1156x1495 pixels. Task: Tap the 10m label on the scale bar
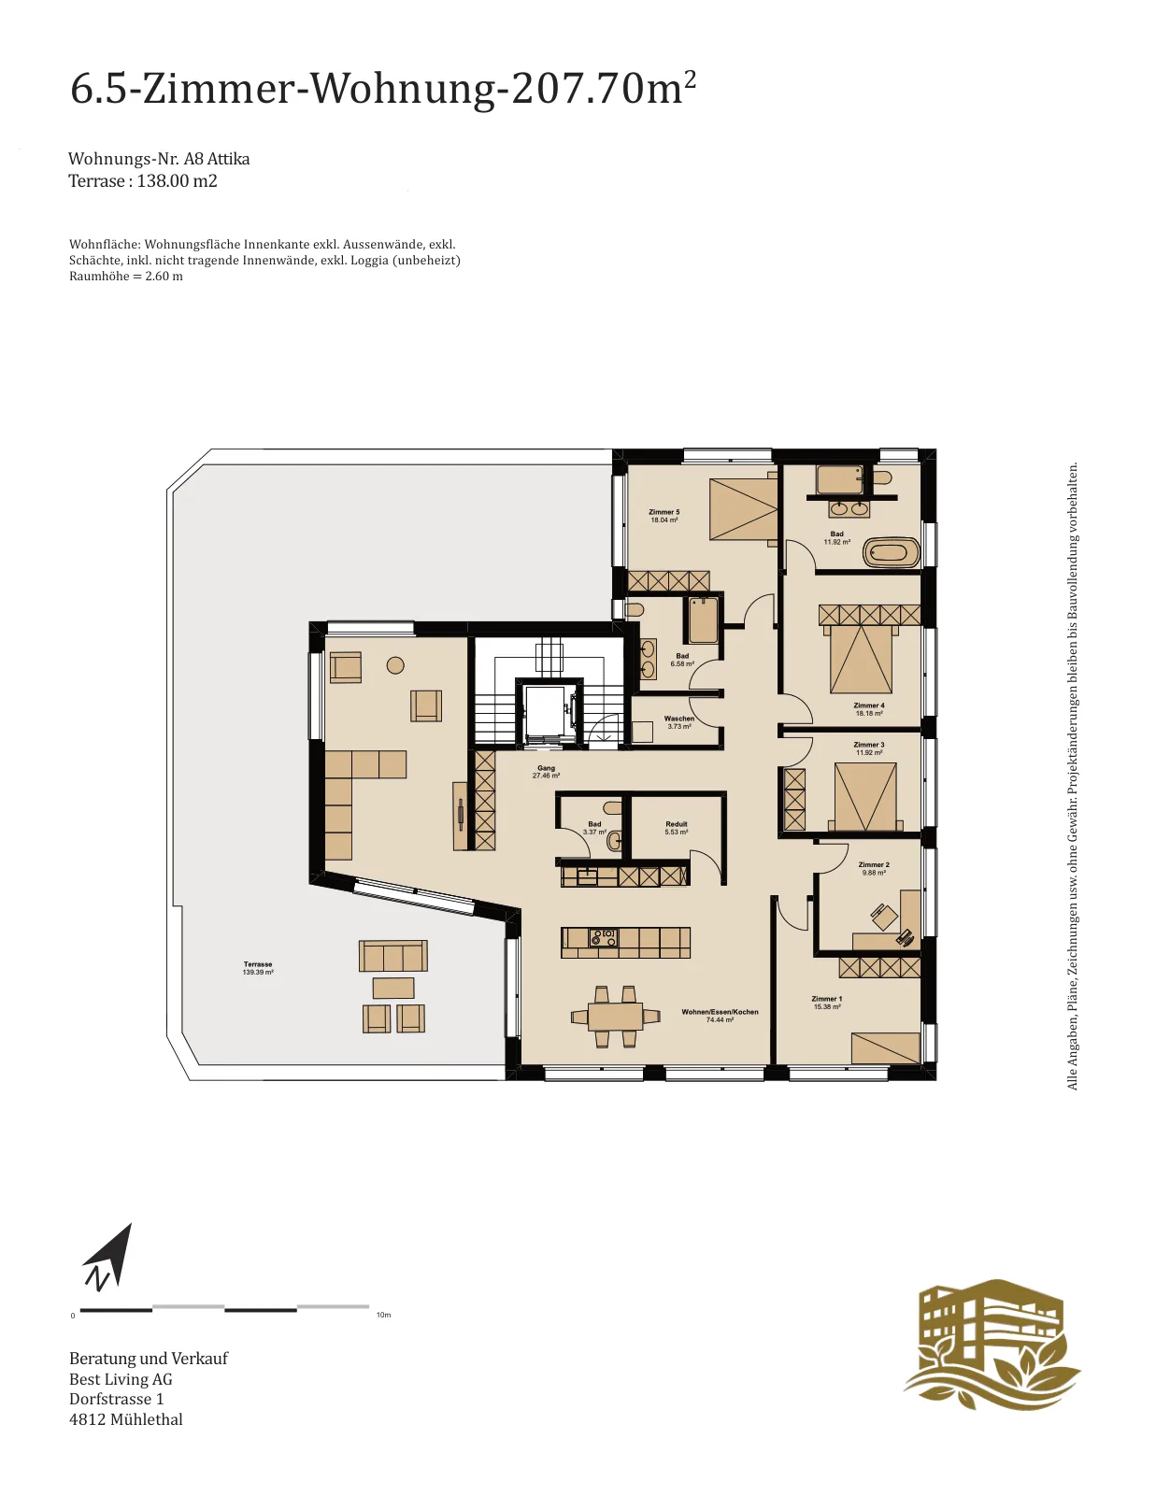[383, 1315]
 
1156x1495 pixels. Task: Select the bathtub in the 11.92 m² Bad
[891, 552]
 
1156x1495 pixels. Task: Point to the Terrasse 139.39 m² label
[258, 968]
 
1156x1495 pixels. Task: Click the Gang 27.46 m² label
[546, 772]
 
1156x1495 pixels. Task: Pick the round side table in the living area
[395, 665]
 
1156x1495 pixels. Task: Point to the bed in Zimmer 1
[886, 1047]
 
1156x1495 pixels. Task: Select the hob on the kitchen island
[604, 937]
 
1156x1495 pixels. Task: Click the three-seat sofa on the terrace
[392, 956]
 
